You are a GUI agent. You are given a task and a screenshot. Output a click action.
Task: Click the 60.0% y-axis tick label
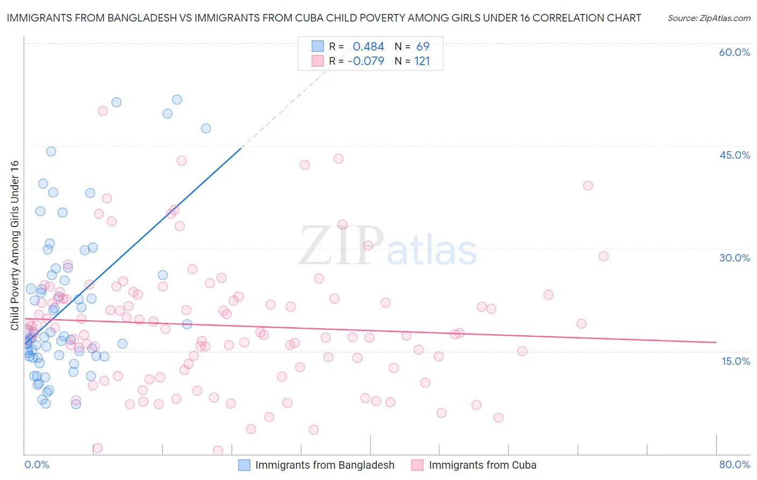click(x=734, y=52)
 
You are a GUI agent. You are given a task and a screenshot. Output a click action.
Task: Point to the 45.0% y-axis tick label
click(x=734, y=155)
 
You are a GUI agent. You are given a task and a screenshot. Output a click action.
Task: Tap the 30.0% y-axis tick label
click(x=734, y=258)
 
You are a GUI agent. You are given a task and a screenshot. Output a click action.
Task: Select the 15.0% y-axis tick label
click(x=735, y=361)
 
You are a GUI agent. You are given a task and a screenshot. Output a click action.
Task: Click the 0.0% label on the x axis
click(x=37, y=464)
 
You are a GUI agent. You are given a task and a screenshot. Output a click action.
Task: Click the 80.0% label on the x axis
click(x=734, y=464)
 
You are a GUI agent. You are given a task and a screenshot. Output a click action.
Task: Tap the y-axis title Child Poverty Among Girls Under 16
click(x=15, y=245)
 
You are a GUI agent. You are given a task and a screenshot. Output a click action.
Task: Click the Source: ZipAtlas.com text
click(x=709, y=18)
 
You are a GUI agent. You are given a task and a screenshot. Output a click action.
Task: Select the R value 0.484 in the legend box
click(x=368, y=47)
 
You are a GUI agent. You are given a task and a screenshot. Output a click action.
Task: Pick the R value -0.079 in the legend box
click(x=366, y=61)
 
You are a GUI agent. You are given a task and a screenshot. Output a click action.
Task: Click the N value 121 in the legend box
click(x=422, y=61)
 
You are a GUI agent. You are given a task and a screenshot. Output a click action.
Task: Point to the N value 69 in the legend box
click(x=423, y=47)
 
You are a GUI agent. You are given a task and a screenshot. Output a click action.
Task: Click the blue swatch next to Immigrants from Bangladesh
click(x=244, y=465)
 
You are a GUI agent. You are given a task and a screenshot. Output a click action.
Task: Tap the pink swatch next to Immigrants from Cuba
click(x=418, y=465)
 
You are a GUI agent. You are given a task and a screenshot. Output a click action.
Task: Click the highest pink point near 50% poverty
click(x=103, y=111)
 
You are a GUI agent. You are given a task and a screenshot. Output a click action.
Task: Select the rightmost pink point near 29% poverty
click(x=604, y=256)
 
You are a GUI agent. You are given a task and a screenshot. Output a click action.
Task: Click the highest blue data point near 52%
click(x=177, y=100)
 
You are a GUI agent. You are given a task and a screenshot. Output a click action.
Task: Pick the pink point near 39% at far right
click(x=588, y=186)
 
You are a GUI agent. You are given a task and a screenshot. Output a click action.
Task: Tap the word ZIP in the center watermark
click(x=341, y=245)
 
